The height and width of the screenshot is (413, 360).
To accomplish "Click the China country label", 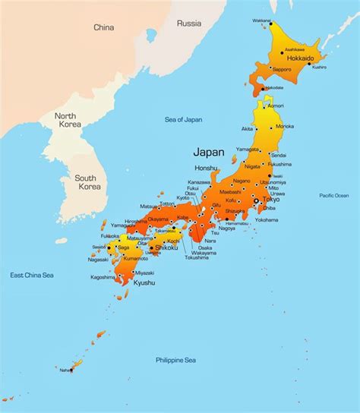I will [x=103, y=27].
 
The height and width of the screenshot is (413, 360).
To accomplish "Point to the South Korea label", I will [x=90, y=182].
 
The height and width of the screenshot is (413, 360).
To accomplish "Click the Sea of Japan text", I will [x=184, y=119].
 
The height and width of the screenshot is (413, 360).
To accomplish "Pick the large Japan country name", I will [x=209, y=151].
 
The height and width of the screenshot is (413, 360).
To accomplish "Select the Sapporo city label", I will [x=282, y=68].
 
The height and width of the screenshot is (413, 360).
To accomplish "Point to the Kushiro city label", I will [x=319, y=67].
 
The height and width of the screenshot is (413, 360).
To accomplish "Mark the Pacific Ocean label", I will [x=333, y=196].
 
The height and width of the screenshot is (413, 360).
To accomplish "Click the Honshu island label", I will [x=205, y=168].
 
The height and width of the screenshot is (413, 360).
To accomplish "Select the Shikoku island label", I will [x=166, y=247].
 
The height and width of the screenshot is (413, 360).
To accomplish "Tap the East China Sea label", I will [x=32, y=274].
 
